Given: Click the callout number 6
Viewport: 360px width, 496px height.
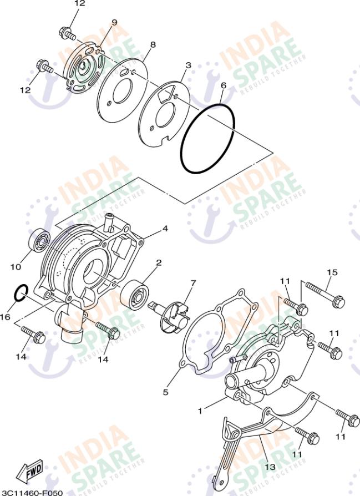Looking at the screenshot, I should (x=223, y=86).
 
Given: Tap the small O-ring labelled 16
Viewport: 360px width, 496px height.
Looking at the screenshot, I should (x=21, y=292).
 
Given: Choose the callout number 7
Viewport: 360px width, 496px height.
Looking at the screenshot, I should (x=193, y=283).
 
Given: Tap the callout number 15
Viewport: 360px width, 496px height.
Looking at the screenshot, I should (x=332, y=272).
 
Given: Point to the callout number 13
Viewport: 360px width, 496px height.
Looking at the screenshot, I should (x=270, y=467).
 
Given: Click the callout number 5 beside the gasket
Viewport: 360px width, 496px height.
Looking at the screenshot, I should (x=165, y=392).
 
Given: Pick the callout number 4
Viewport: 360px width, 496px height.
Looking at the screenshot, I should (x=165, y=228).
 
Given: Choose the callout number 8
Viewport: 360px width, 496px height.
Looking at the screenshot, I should (x=153, y=44).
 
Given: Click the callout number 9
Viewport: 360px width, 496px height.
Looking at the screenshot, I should (x=114, y=22).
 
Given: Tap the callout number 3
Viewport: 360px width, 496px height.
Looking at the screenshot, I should (x=188, y=65).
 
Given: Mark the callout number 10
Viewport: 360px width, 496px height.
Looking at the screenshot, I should (x=16, y=267).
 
